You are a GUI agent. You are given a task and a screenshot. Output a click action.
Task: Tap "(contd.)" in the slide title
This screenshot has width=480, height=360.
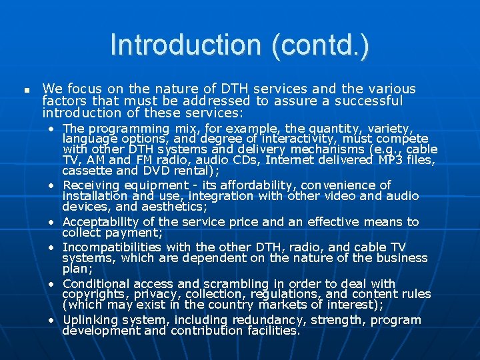point(323,45)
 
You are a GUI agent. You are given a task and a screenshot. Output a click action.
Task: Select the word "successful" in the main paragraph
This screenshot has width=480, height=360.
point(370,101)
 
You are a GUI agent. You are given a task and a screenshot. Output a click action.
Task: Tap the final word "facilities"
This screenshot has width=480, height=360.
point(268,330)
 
